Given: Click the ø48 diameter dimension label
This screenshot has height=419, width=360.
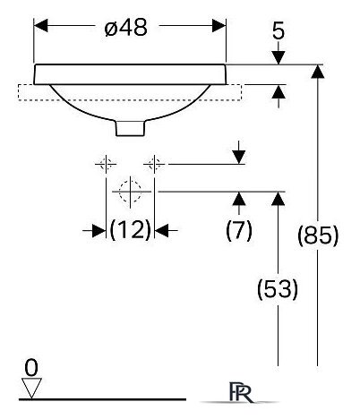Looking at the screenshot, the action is click(126, 28).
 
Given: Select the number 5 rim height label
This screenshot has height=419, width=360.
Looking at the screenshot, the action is click(279, 30).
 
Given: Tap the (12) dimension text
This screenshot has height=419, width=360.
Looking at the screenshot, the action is click(131, 230).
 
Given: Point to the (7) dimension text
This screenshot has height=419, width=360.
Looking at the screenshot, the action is click(239, 230).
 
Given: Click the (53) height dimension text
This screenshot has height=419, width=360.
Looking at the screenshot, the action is click(278, 288).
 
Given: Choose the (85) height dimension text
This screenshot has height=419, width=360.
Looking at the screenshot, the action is click(318, 235).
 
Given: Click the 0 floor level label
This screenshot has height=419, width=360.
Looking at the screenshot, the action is click(31, 368).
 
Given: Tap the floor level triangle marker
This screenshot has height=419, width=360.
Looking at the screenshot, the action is click(31, 388).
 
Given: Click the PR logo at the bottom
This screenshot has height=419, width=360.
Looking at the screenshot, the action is click(241, 392).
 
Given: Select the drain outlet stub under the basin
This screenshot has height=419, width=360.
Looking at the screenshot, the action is click(130, 128).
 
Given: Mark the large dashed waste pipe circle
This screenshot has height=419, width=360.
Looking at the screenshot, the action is click(130, 192).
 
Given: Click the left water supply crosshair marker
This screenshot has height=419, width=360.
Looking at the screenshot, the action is click(106, 164).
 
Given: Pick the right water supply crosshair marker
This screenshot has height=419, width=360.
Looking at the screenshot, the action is click(154, 164).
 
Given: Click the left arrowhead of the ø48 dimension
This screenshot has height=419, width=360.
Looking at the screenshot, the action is click(40, 26).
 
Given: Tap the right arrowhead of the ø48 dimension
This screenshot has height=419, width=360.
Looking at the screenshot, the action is click(219, 26).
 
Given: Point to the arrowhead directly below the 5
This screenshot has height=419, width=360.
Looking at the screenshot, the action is click(279, 57).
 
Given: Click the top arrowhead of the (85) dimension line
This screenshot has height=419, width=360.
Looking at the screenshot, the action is click(318, 72).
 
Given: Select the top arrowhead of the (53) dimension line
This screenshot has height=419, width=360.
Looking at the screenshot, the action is click(279, 199).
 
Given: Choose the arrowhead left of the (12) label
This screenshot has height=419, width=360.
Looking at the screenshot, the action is click(99, 231).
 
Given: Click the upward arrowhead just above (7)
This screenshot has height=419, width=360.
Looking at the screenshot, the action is click(239, 199).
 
